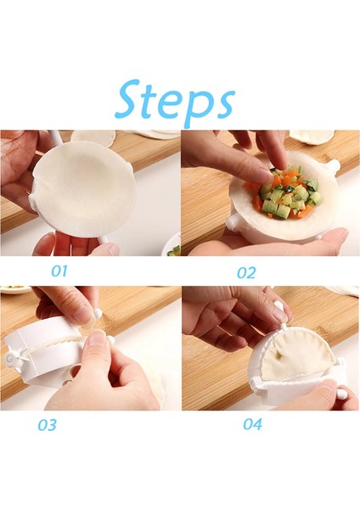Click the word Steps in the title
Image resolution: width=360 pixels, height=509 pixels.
[174, 100]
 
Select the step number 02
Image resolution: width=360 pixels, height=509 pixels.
[245, 272]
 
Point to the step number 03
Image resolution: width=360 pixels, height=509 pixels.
[46, 425]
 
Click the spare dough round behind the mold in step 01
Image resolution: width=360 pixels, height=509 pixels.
[93, 137]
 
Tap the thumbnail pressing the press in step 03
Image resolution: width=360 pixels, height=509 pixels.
[96, 339]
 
